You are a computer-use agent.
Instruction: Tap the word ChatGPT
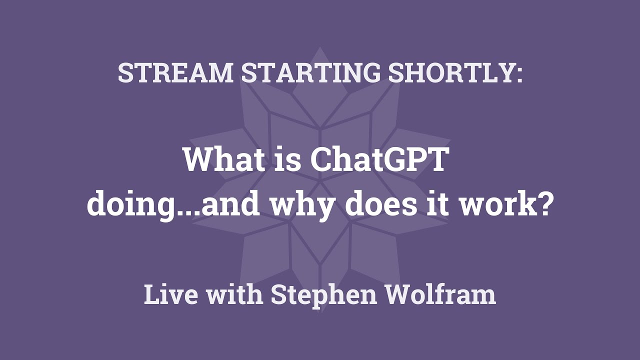[x=377, y=160]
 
